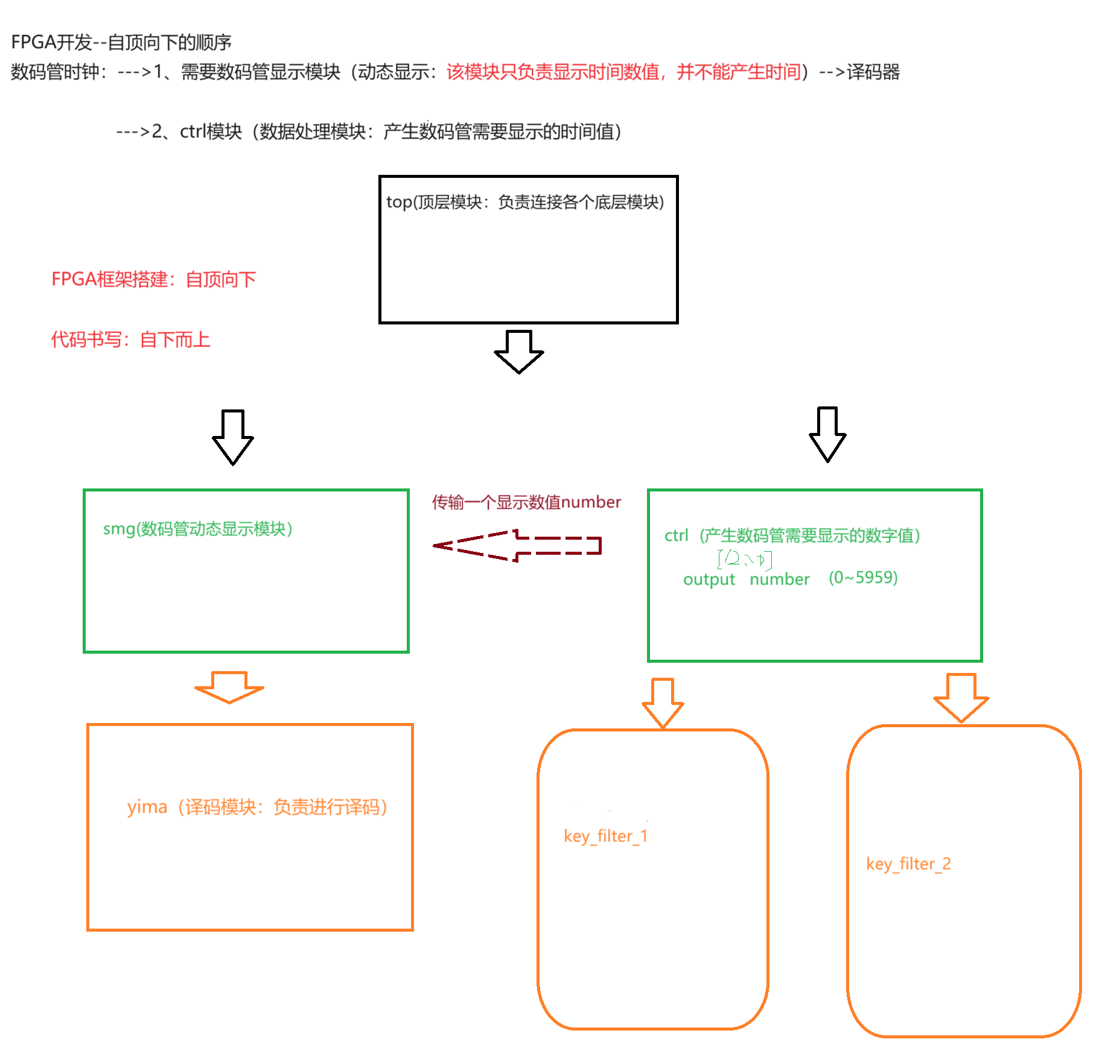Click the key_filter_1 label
(x=605, y=836)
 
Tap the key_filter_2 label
(x=908, y=864)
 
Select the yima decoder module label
(x=257, y=807)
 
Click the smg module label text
(x=198, y=529)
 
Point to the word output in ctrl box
(x=709, y=579)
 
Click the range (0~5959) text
(x=863, y=578)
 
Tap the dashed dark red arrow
(x=518, y=546)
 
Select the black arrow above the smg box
(x=233, y=437)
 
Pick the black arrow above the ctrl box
(x=827, y=434)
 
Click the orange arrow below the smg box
(x=229, y=687)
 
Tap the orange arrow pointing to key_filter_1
(x=663, y=703)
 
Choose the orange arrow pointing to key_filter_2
(x=961, y=698)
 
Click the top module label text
(x=525, y=202)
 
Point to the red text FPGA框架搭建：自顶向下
(x=154, y=279)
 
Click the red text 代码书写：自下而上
(x=130, y=339)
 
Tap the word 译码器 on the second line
(x=873, y=72)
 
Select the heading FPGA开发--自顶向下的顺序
(x=121, y=42)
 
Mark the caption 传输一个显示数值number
(x=526, y=502)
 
